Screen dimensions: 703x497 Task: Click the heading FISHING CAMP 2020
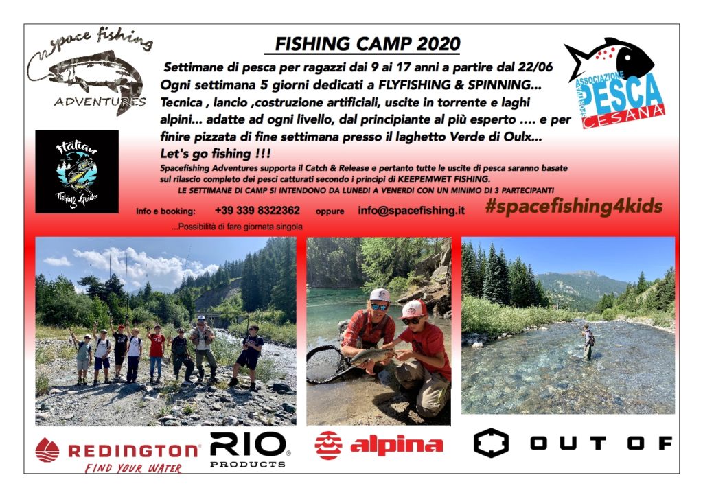(x=367, y=44)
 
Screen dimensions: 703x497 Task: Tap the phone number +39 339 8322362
(x=257, y=210)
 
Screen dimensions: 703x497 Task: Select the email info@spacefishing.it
(x=411, y=210)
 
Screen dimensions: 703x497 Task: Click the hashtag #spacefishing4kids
(x=573, y=206)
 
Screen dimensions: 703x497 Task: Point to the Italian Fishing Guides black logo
(x=77, y=172)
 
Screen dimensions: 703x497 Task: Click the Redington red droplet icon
(x=47, y=450)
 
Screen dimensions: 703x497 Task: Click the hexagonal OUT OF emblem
(x=491, y=443)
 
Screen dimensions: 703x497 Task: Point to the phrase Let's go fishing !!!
(x=215, y=154)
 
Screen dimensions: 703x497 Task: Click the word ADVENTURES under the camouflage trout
(x=100, y=102)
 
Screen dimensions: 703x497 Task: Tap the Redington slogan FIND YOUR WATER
(x=133, y=468)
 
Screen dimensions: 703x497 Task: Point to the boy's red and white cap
(x=415, y=308)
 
